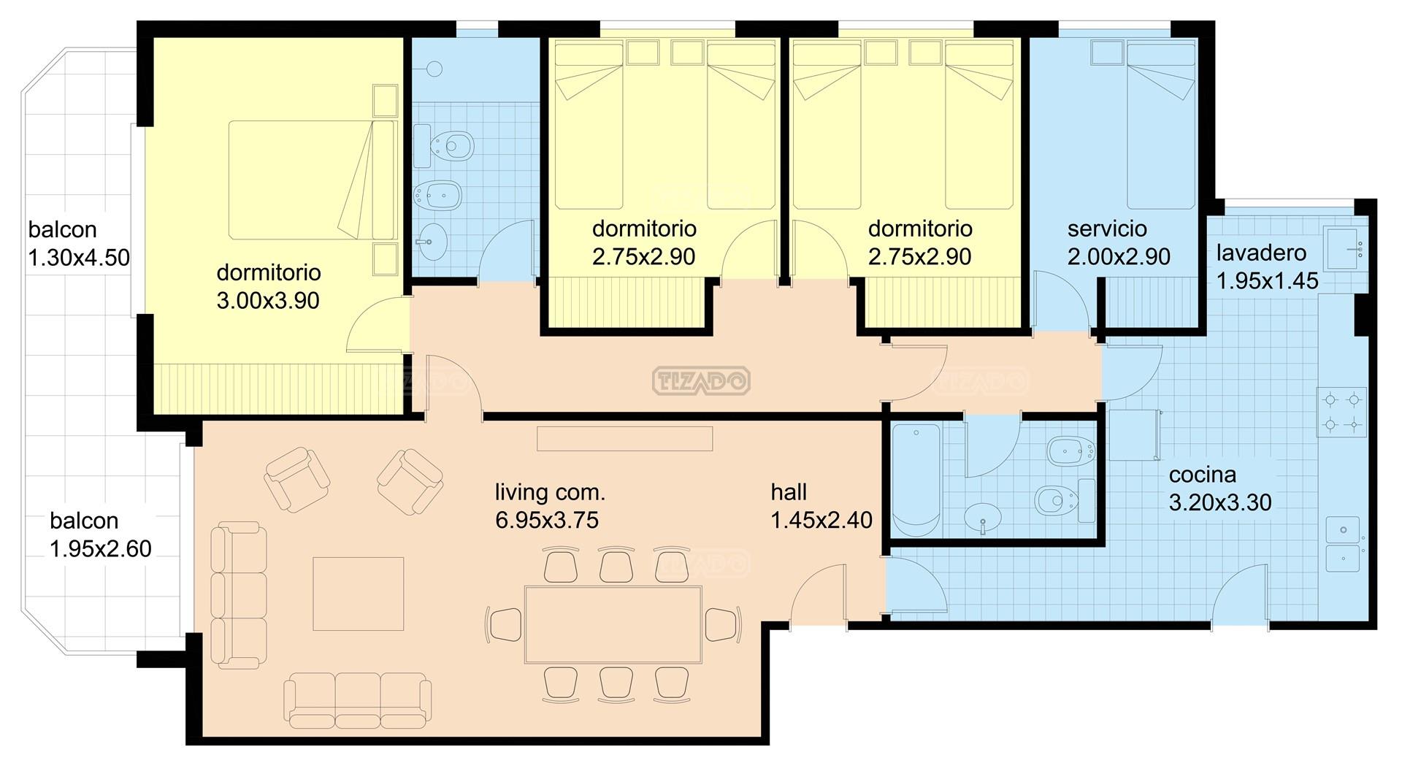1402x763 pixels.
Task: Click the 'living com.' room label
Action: click(x=550, y=492)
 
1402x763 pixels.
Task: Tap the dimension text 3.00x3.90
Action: click(x=268, y=300)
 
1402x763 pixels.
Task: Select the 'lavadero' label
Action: click(x=1261, y=253)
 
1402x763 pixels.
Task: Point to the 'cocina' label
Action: click(x=1203, y=475)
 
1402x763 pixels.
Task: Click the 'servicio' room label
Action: click(x=1107, y=229)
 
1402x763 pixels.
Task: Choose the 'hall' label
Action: click(x=789, y=492)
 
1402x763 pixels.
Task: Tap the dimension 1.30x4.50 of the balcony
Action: click(x=79, y=258)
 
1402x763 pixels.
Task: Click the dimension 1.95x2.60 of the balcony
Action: click(x=101, y=548)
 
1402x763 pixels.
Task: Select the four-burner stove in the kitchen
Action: click(x=1341, y=412)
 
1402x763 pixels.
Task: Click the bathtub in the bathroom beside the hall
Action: click(x=917, y=479)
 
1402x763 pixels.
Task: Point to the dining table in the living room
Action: click(x=613, y=624)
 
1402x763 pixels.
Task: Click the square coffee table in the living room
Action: click(x=359, y=594)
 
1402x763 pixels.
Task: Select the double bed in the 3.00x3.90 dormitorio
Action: click(x=313, y=180)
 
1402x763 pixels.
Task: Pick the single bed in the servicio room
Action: click(x=1162, y=125)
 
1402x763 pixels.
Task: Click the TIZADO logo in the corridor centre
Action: click(x=701, y=380)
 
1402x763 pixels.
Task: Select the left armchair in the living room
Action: click(x=296, y=479)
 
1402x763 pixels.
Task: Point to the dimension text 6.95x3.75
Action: click(x=547, y=520)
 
